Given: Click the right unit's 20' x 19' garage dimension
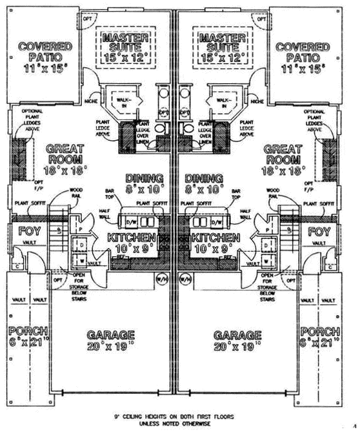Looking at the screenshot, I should (237, 347).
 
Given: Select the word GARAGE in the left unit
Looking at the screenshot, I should (111, 335).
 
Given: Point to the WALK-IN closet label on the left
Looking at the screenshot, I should (122, 101).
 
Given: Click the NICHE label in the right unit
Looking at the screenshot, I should (257, 101).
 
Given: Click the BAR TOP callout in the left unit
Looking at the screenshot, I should (109, 194).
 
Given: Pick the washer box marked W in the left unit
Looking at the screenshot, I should (83, 261).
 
